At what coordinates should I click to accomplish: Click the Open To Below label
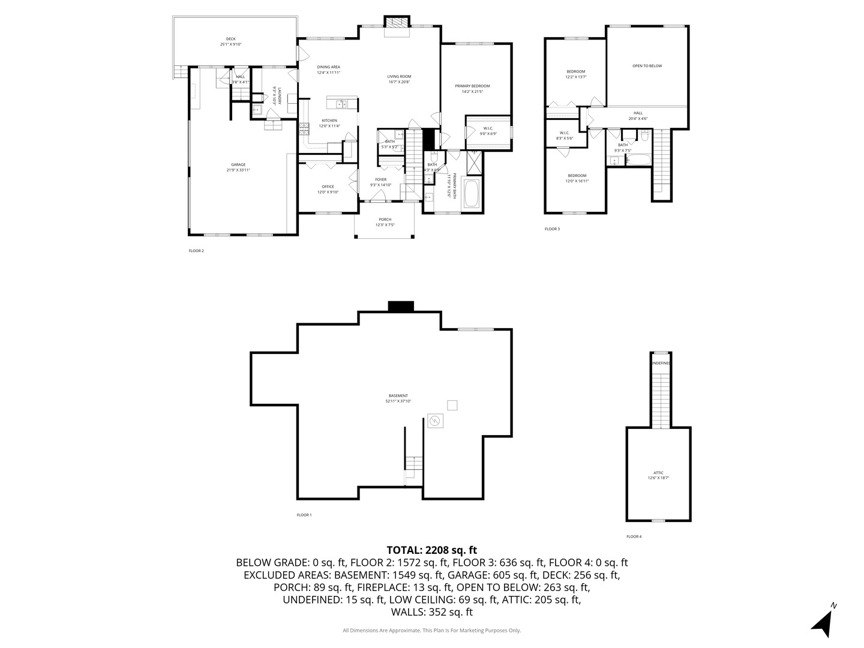tap(647, 66)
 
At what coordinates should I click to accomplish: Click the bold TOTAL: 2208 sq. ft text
tap(432, 550)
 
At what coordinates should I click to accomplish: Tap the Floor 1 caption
tap(304, 515)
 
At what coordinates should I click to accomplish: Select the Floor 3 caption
tap(552, 229)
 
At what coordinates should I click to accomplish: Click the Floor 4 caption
tap(634, 536)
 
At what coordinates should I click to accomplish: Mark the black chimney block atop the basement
tap(401, 306)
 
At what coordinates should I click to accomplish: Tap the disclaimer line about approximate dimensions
tap(432, 631)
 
